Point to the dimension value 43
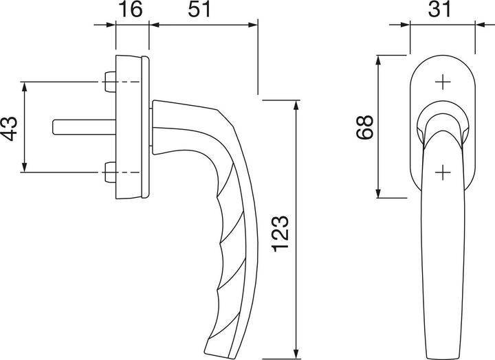click(x=10, y=127)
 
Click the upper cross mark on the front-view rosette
click(x=442, y=83)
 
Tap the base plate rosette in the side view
click(x=133, y=127)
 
